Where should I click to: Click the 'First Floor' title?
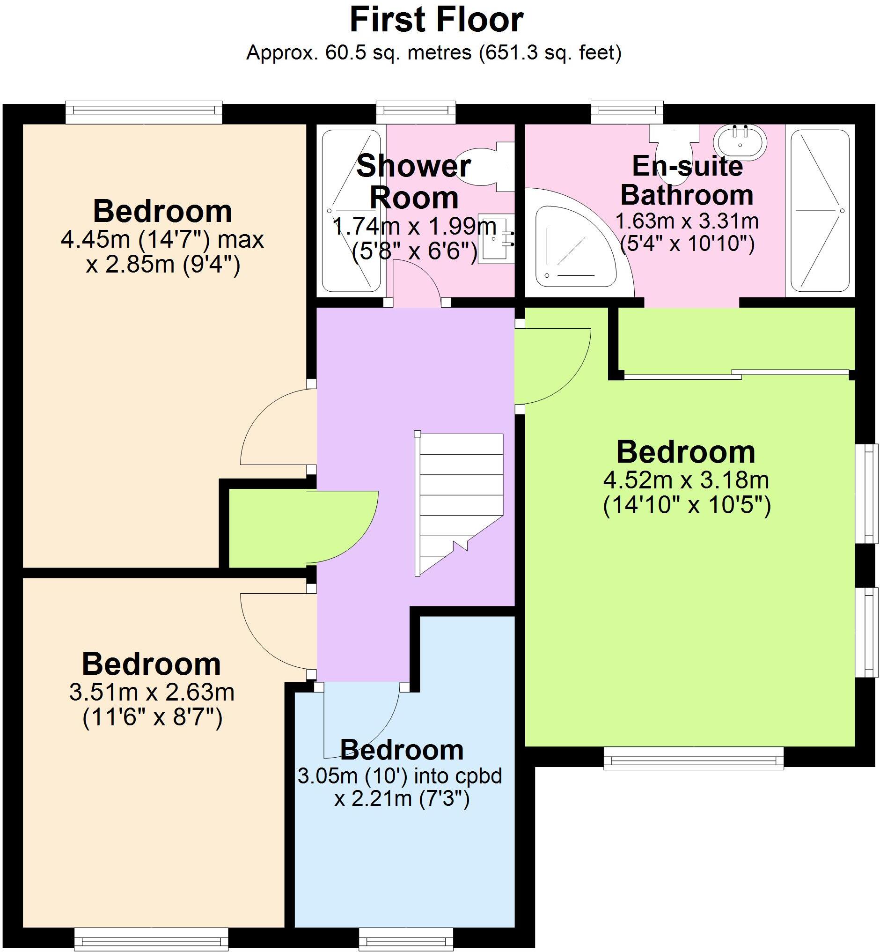(436, 20)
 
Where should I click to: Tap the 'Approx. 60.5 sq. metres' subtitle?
(433, 53)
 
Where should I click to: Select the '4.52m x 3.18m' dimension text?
(686, 480)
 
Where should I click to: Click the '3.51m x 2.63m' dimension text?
(152, 692)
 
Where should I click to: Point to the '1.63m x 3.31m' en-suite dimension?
(687, 221)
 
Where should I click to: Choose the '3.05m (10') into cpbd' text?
(400, 776)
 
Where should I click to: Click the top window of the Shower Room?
(416, 112)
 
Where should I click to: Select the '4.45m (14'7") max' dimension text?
(162, 239)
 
